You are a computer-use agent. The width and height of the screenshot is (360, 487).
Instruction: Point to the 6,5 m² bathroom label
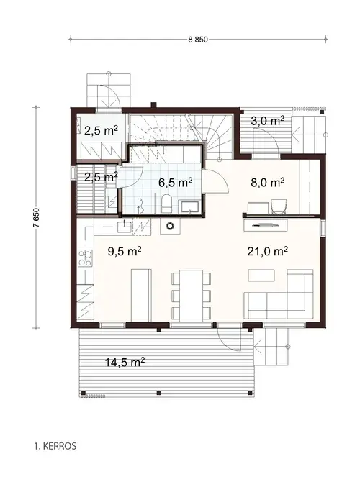175,183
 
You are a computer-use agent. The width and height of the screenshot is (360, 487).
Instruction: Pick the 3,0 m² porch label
266,121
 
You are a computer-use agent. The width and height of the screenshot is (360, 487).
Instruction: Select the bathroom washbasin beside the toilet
190,207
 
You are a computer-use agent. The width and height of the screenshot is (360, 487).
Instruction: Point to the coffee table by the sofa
260,275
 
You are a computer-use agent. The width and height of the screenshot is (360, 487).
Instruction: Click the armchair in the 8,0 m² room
278,206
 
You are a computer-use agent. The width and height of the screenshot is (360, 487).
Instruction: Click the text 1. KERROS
54,446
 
